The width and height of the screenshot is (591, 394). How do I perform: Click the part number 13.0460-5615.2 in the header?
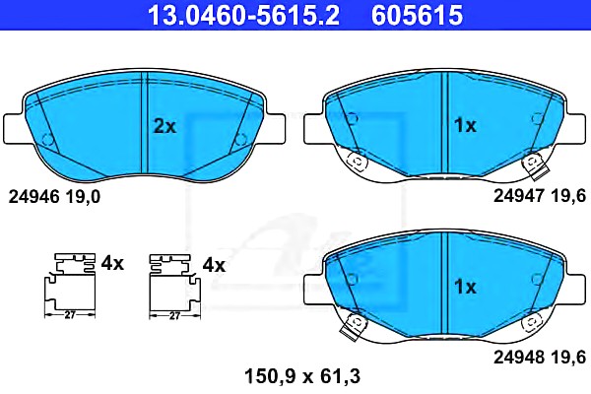click(244, 15)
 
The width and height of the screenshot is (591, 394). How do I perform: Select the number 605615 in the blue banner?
click(417, 15)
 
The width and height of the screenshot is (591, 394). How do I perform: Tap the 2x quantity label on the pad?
click(164, 126)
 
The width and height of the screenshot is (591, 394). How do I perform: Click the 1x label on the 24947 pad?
click(465, 125)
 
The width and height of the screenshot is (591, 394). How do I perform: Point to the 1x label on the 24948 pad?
click(465, 287)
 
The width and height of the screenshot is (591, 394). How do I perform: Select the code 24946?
click(33, 197)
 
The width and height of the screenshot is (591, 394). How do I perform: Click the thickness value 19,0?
click(83, 197)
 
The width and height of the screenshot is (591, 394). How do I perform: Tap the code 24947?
click(519, 196)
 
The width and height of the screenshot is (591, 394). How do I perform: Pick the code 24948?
click(519, 357)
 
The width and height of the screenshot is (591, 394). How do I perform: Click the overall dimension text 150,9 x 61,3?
click(302, 376)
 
